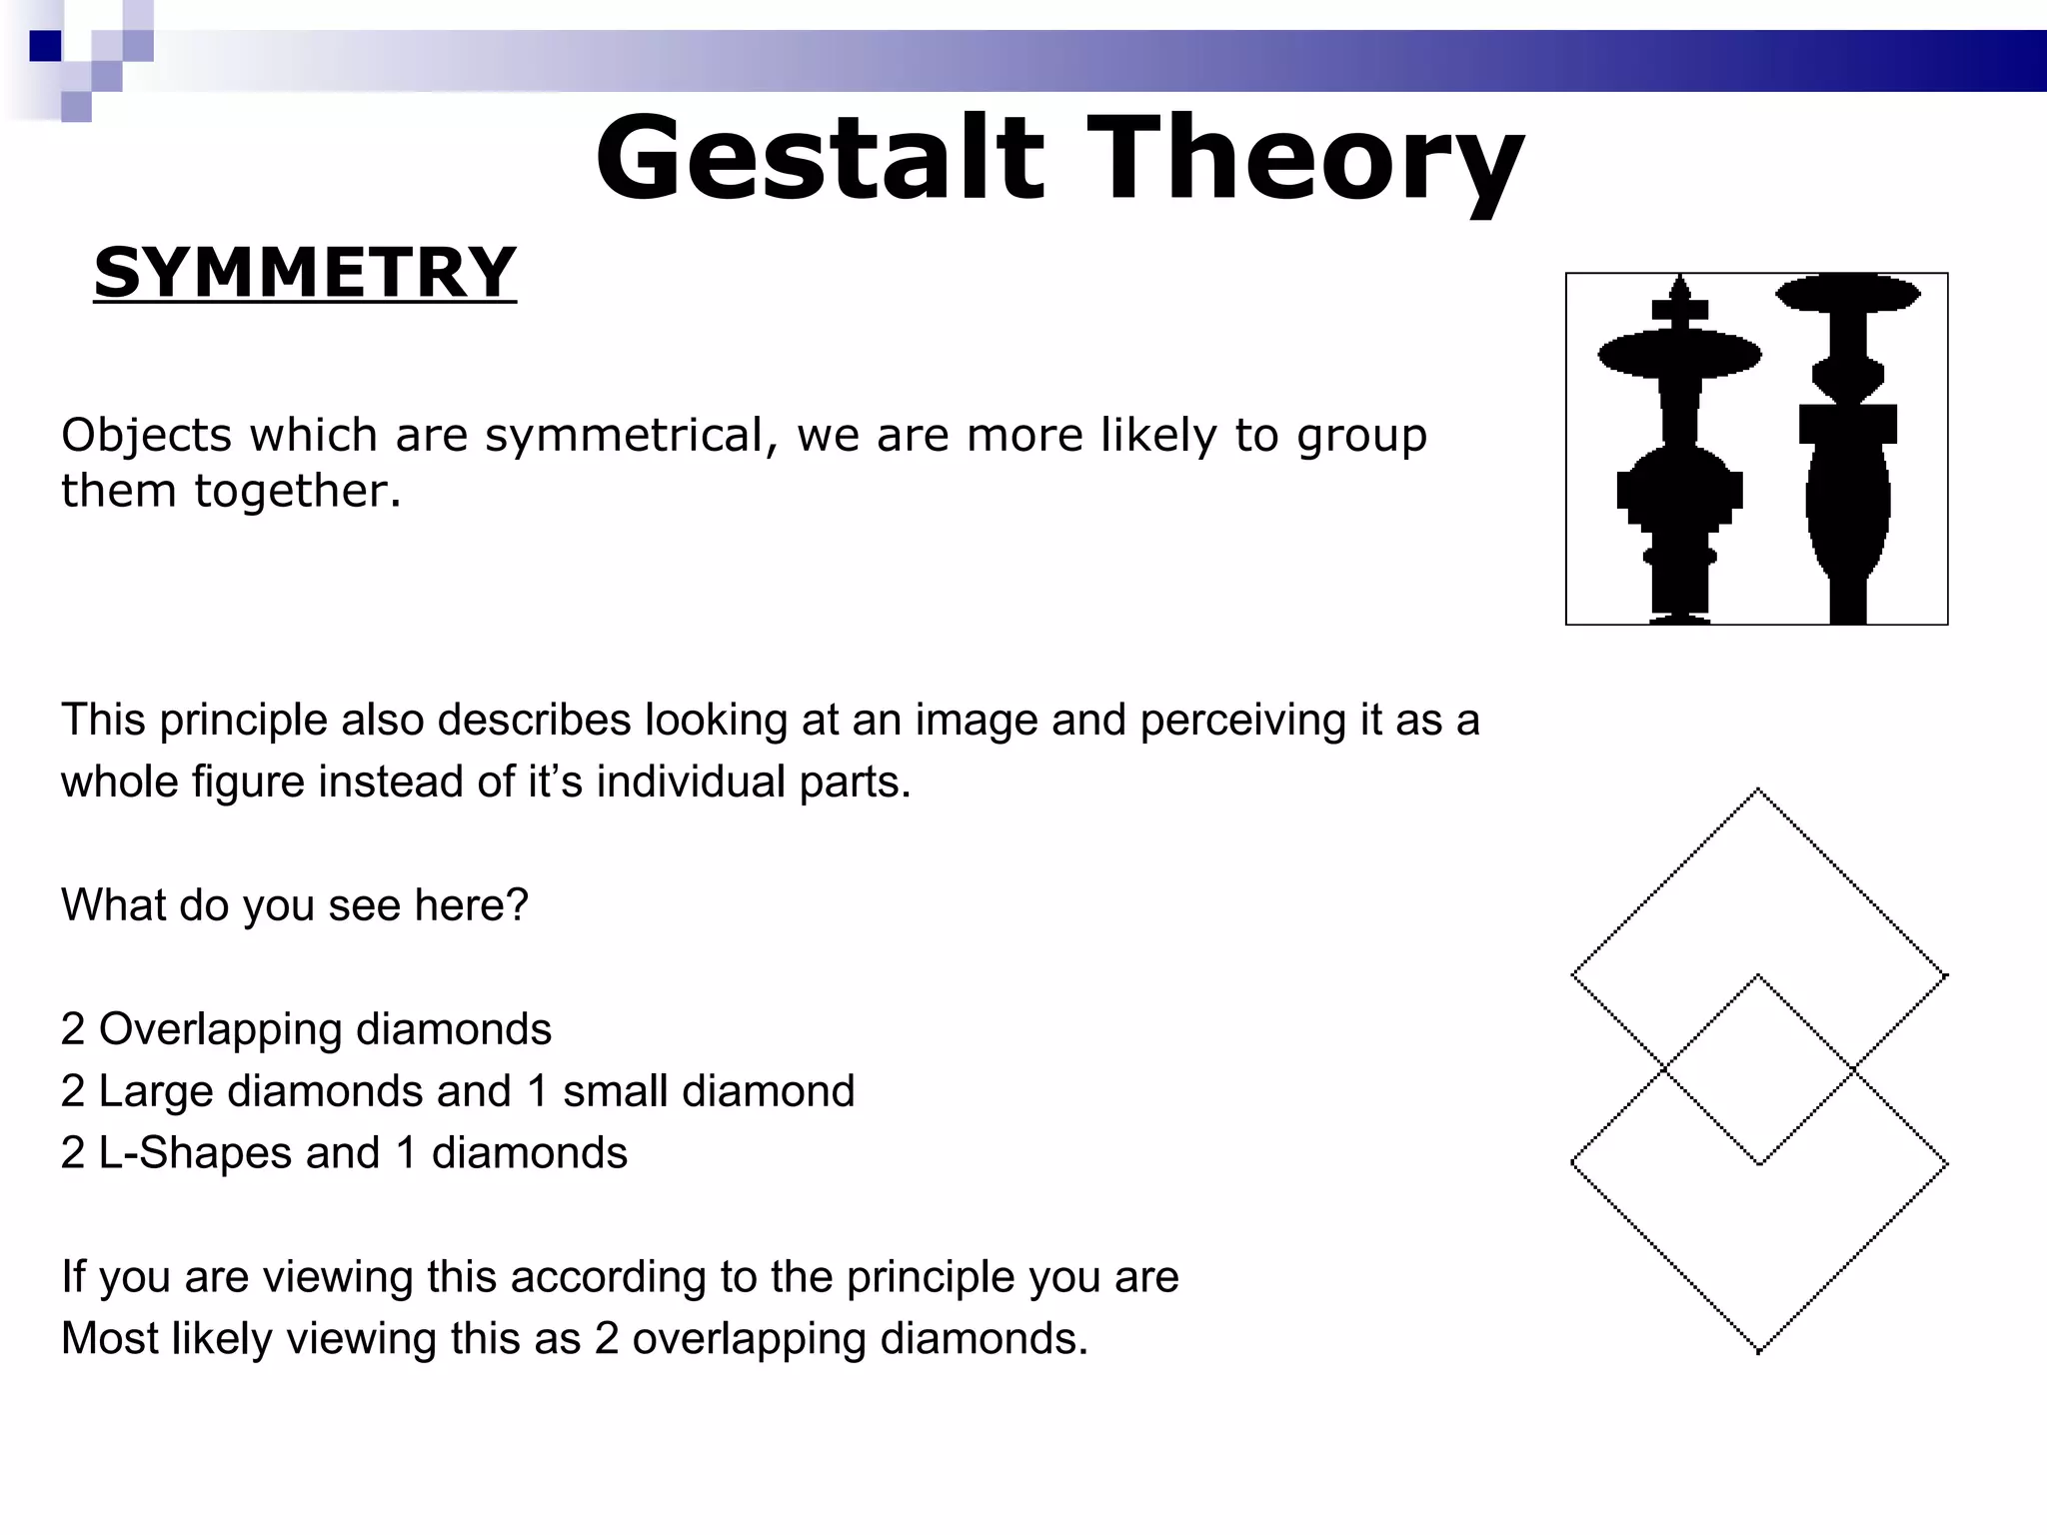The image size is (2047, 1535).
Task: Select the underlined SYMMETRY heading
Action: click(305, 273)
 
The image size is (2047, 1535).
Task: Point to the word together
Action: click(297, 491)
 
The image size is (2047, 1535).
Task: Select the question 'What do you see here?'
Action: click(294, 905)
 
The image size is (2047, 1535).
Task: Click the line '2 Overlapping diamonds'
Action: click(306, 1029)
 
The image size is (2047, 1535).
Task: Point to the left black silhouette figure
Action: click(1679, 460)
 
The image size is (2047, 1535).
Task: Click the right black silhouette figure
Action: click(1848, 460)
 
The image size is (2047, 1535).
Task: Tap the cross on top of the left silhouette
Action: click(1679, 306)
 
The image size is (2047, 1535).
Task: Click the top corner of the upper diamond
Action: click(1758, 790)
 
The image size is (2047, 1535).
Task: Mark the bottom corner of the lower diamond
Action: click(1758, 1351)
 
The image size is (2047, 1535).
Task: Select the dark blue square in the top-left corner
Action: click(45, 46)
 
